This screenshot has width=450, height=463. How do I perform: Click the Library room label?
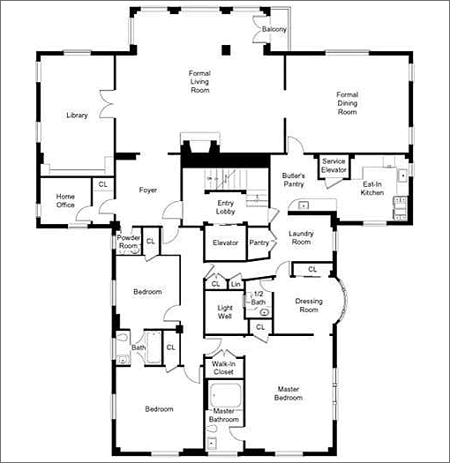(77, 116)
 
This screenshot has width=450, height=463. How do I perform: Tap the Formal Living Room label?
(199, 81)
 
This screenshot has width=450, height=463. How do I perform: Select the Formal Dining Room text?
(347, 103)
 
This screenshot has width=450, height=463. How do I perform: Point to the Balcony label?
(274, 29)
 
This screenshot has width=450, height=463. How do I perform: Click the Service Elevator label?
(334, 166)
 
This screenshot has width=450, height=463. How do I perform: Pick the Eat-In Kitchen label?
(372, 189)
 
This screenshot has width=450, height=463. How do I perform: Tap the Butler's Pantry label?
(294, 180)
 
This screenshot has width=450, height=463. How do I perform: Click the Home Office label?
(65, 200)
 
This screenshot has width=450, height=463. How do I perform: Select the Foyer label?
(148, 190)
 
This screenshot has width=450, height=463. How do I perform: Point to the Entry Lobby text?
(226, 207)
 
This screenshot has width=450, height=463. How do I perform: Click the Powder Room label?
(129, 242)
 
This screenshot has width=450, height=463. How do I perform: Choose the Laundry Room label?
(301, 238)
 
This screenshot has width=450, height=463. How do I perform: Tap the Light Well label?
(225, 312)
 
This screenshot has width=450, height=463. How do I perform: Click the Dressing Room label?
(309, 305)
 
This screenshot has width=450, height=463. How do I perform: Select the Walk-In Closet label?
(223, 368)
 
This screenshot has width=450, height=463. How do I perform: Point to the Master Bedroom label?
(289, 393)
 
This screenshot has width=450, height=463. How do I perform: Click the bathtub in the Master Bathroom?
(225, 395)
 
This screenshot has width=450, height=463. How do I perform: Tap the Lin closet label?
(236, 284)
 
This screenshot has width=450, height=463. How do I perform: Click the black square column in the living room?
(226, 50)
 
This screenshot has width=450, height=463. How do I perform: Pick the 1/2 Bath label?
(259, 298)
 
